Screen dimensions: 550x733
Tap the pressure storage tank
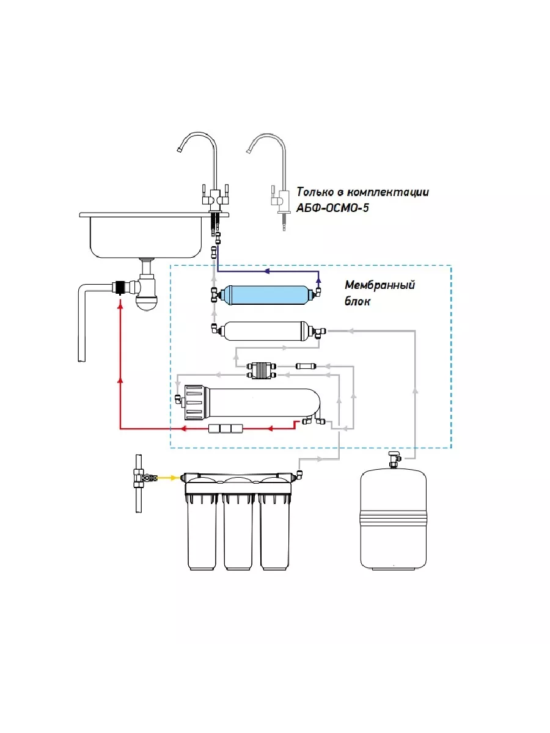[394, 520]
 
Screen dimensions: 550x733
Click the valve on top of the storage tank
[394, 459]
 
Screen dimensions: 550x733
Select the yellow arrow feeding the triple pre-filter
[167, 478]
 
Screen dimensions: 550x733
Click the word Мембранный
[380, 285]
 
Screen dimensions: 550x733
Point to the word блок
[358, 302]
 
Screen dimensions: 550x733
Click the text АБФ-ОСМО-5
[332, 208]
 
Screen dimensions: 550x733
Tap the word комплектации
[387, 192]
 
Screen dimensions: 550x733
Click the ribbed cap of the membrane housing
[195, 403]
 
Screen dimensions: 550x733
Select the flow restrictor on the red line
[226, 428]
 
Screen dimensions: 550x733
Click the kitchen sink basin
[145, 236]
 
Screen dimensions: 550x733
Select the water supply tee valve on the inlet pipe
[141, 478]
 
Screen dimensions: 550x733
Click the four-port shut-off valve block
[262, 371]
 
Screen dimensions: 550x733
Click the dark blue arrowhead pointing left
[266, 271]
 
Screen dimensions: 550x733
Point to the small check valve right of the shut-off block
[306, 366]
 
